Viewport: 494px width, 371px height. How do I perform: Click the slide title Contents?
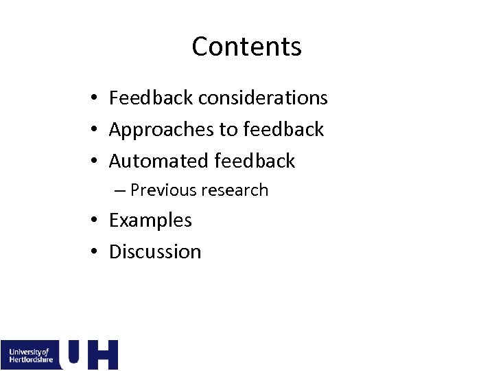[246, 47]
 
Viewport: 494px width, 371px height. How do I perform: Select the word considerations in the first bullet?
[263, 98]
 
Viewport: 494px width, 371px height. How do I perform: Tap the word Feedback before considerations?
[151, 98]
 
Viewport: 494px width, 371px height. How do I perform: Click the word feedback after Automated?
[255, 161]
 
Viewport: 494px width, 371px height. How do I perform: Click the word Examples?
[150, 221]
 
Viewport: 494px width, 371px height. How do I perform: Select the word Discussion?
[155, 251]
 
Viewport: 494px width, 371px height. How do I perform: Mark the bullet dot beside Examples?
[96, 221]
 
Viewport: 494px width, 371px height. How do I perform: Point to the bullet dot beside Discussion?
[96, 252]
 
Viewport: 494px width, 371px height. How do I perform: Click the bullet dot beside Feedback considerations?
[96, 99]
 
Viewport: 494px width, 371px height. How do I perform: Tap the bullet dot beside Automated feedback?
[96, 161]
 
